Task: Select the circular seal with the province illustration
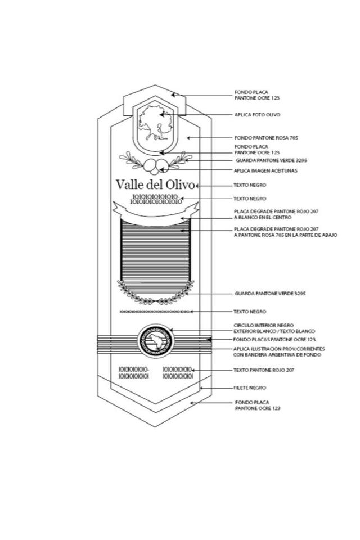click(155, 340)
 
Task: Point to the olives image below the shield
click(155, 165)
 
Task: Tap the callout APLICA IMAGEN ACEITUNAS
click(265, 170)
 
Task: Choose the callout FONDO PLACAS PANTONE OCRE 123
click(274, 340)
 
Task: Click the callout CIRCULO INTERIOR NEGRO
click(263, 325)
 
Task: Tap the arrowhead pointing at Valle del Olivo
click(198, 184)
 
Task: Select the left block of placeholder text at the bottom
click(133, 373)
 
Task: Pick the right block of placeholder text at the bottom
click(177, 373)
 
